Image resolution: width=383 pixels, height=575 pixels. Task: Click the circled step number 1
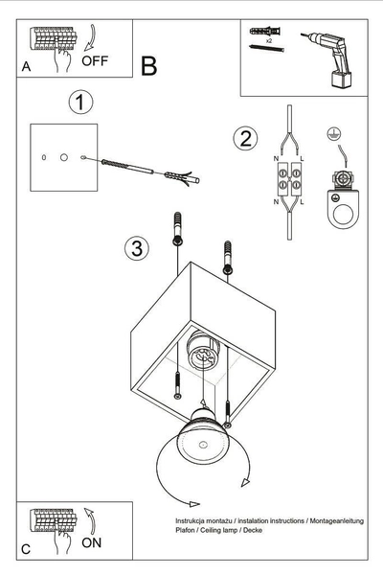click(x=81, y=101)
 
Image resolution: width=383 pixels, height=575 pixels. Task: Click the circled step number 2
click(x=245, y=138)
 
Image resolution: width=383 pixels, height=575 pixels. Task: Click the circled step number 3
click(x=138, y=249)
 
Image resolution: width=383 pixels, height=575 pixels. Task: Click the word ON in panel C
click(x=93, y=540)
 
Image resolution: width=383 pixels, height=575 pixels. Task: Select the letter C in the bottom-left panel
click(x=26, y=549)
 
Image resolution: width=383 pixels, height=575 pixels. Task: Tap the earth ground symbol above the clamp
click(x=334, y=135)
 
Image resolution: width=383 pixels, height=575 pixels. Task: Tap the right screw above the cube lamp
click(x=227, y=254)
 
